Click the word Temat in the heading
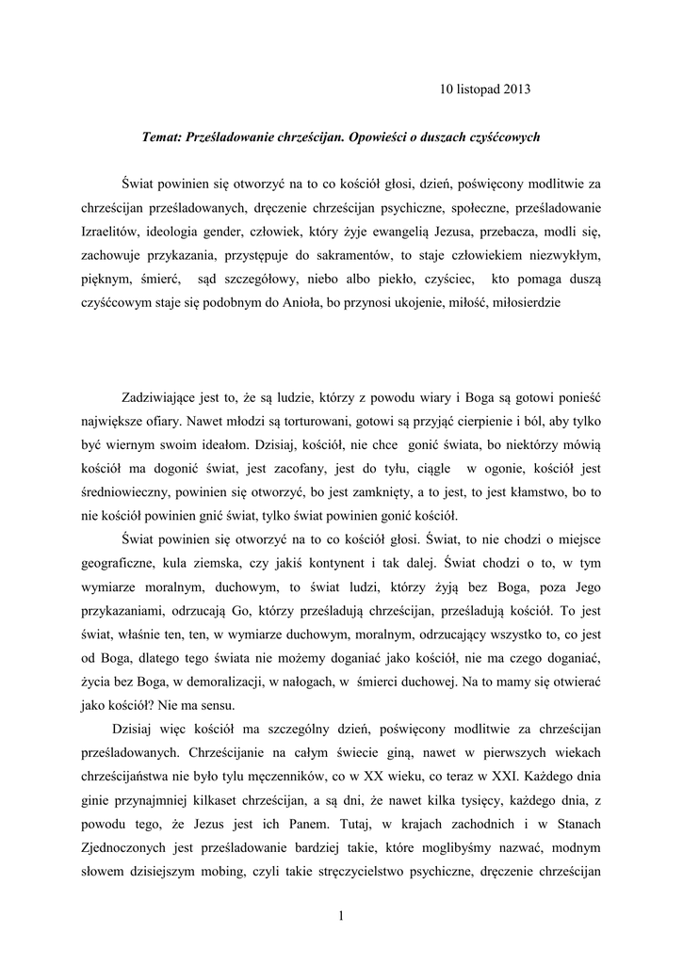[161, 137]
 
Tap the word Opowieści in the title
[381, 137]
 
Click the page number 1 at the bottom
[340, 914]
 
